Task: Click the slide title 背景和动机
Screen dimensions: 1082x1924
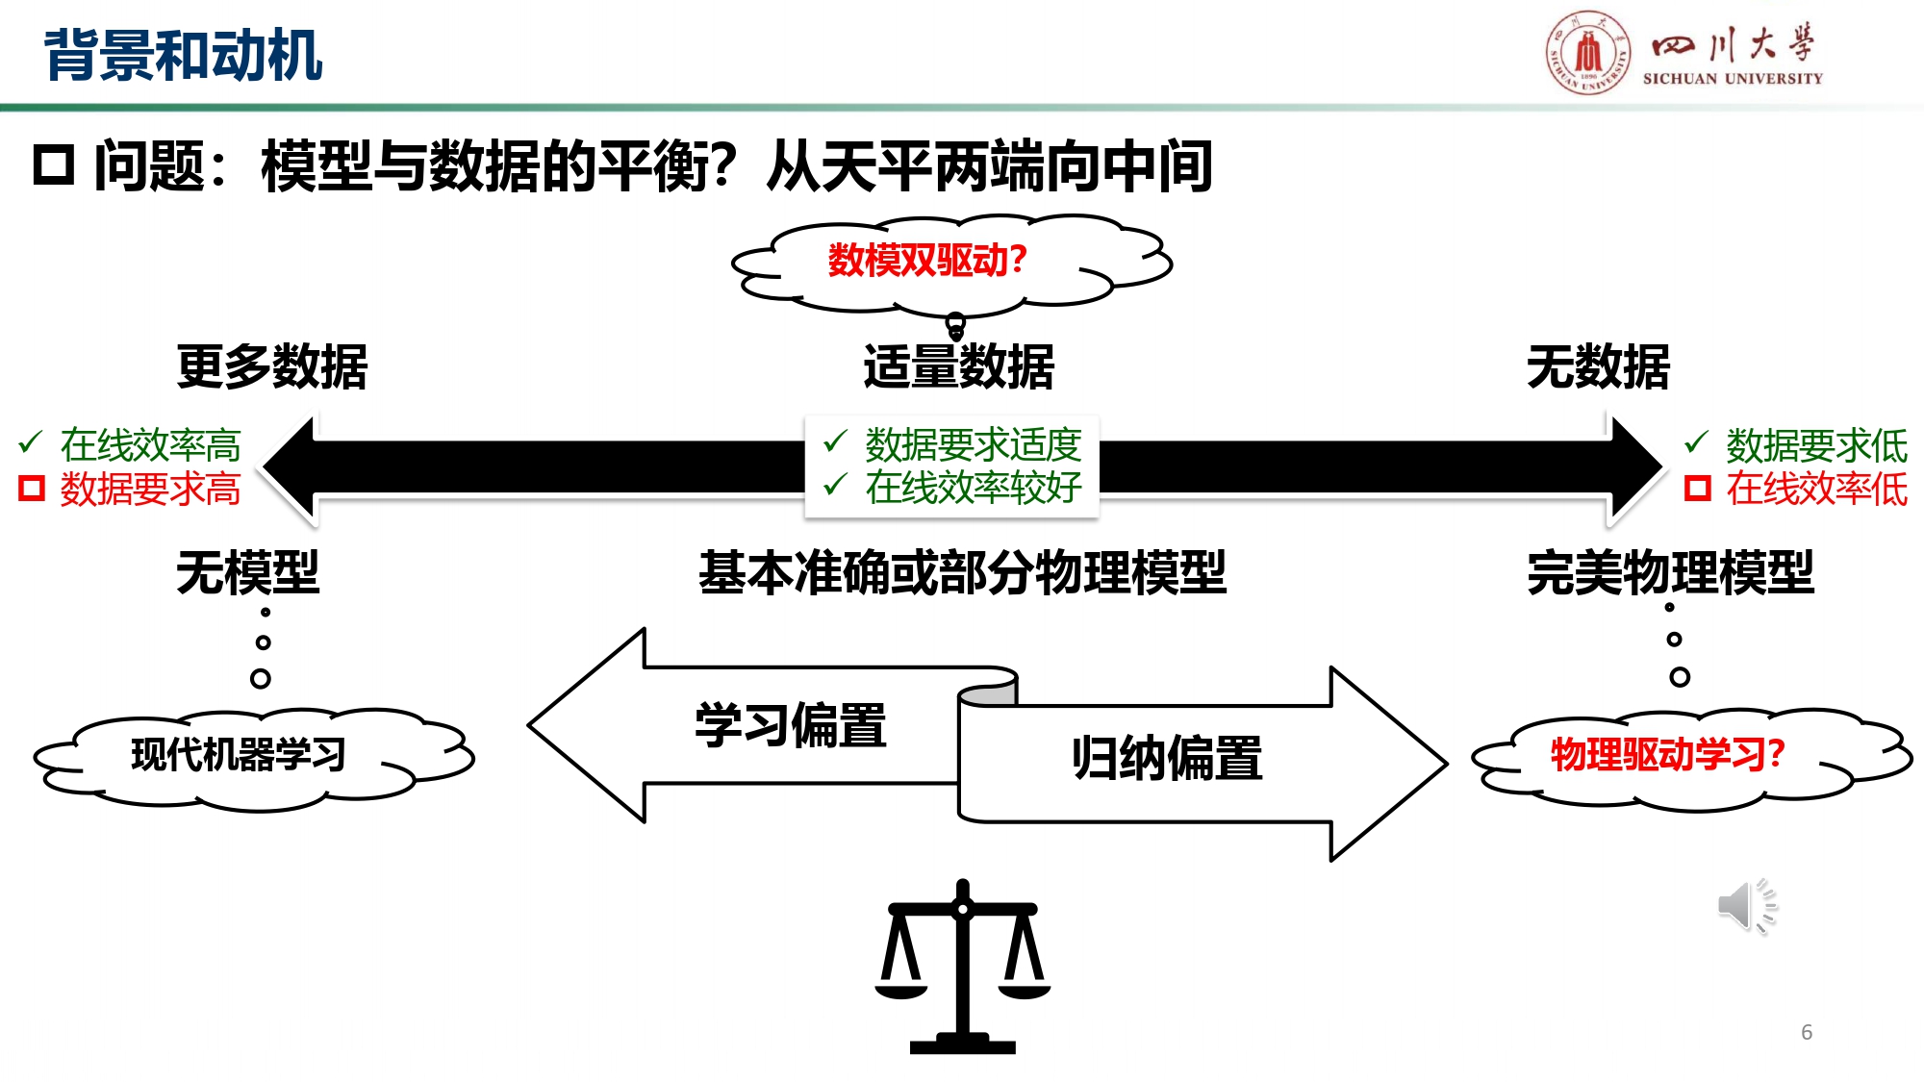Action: coord(183,55)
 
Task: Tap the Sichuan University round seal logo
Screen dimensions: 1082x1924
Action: coord(1587,53)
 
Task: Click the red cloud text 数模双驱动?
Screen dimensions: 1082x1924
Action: coord(927,260)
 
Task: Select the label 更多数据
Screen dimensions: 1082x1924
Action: coord(272,366)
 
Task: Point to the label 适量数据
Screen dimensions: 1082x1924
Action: coord(958,366)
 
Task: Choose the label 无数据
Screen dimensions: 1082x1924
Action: coord(1598,366)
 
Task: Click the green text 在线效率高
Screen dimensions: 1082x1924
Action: coord(150,444)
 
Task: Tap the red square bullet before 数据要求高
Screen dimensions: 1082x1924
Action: coord(32,489)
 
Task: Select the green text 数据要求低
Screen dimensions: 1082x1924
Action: coord(1815,444)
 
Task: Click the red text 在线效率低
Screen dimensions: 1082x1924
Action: coord(1815,489)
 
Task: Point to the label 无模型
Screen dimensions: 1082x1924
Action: coord(247,572)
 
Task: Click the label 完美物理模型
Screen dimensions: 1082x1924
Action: coord(1670,572)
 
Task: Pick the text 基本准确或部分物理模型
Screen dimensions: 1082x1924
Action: coord(962,572)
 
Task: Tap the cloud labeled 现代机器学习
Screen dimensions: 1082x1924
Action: coord(239,755)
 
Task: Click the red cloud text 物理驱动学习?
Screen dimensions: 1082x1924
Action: coord(1667,754)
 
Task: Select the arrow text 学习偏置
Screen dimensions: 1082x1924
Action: coord(790,725)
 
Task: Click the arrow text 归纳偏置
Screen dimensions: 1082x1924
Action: coord(1167,758)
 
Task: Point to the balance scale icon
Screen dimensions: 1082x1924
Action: coord(962,967)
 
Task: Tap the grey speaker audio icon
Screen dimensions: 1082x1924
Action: coord(1745,905)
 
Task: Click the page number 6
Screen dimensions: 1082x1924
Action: coord(1807,1032)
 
